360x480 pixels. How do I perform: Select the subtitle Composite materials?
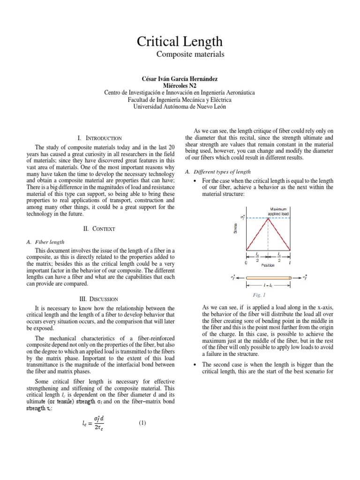pos(184,55)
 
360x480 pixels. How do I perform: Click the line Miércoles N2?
pos(180,85)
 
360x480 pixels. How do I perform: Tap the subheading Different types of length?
pos(220,172)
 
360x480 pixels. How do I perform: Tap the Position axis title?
pos(268,265)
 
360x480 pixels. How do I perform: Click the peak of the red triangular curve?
pos(268,218)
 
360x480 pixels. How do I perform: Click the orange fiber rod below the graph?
pos(268,278)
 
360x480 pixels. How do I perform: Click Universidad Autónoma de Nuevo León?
pos(180,106)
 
